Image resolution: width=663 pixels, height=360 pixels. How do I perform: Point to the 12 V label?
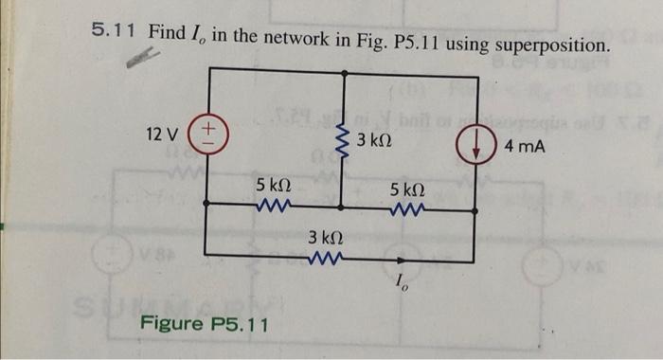164,131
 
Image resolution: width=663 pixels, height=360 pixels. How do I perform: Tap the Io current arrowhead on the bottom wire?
400,256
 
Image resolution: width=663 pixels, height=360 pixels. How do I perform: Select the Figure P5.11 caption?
205,324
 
